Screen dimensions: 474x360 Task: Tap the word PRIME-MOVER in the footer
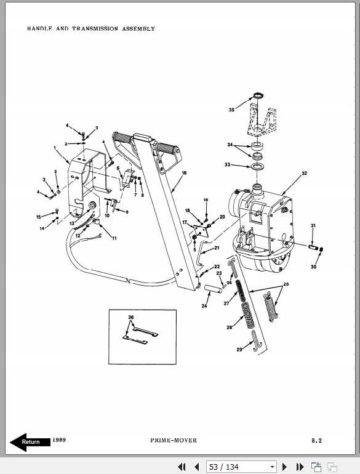point(174,441)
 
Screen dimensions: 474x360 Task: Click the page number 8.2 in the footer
point(316,441)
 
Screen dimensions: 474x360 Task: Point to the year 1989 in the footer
point(59,440)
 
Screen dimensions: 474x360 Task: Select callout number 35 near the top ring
point(231,110)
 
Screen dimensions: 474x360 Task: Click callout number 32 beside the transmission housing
point(303,174)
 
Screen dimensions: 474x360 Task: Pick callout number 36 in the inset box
point(130,318)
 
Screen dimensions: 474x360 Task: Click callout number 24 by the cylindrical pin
point(204,305)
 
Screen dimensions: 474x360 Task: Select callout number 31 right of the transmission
point(313,226)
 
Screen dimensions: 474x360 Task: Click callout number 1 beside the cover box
point(55,148)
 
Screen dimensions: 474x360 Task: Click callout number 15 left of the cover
point(38,217)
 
